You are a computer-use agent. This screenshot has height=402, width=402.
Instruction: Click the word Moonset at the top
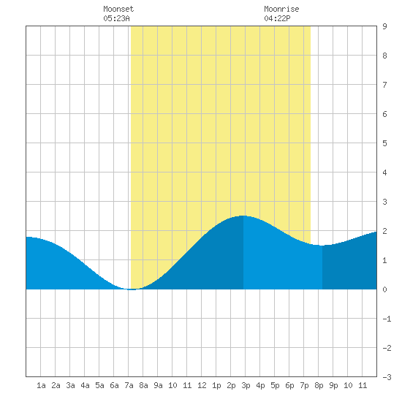pos(118,9)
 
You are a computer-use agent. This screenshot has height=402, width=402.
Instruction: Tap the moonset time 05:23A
pos(116,18)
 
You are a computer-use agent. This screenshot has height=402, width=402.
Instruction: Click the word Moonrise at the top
pos(281,9)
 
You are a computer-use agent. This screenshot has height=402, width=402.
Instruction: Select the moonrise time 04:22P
pos(277,18)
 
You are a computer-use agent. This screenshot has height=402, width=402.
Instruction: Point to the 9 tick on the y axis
pos(384,26)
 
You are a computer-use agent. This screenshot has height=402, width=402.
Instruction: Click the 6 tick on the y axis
pos(384,114)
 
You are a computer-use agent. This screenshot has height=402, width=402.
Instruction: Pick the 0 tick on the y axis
pos(384,289)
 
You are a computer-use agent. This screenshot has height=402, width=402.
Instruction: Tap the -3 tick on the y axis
pos(387,377)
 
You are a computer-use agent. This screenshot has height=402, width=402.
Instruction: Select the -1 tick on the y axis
pos(387,319)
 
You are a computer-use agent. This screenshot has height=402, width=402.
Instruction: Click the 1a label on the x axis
pos(41,385)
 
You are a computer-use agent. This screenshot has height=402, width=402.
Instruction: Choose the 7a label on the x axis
pos(129,385)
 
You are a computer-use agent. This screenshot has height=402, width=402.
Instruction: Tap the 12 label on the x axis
pos(202,385)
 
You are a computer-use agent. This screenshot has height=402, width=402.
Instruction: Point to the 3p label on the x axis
pos(246,385)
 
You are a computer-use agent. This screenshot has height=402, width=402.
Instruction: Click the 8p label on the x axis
pos(319,385)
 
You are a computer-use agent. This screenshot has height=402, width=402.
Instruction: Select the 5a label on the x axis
pos(99,385)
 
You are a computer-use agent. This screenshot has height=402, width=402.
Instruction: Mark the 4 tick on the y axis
pos(384,172)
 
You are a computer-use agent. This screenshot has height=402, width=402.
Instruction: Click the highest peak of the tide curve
pos(243,216)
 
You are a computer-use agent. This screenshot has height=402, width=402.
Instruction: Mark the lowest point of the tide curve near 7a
pos(132,289)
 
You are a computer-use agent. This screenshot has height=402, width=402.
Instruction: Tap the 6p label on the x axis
pos(289,385)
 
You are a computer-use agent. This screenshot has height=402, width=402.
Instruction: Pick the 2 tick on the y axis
pos(384,231)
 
